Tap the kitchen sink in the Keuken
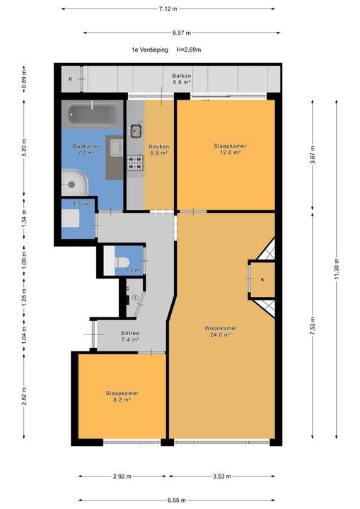[137, 131]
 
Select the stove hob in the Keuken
[135, 163]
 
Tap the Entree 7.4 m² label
[129, 337]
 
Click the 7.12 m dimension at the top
[168, 8]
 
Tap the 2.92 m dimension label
[122, 476]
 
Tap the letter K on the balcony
[70, 78]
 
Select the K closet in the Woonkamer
[262, 280]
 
